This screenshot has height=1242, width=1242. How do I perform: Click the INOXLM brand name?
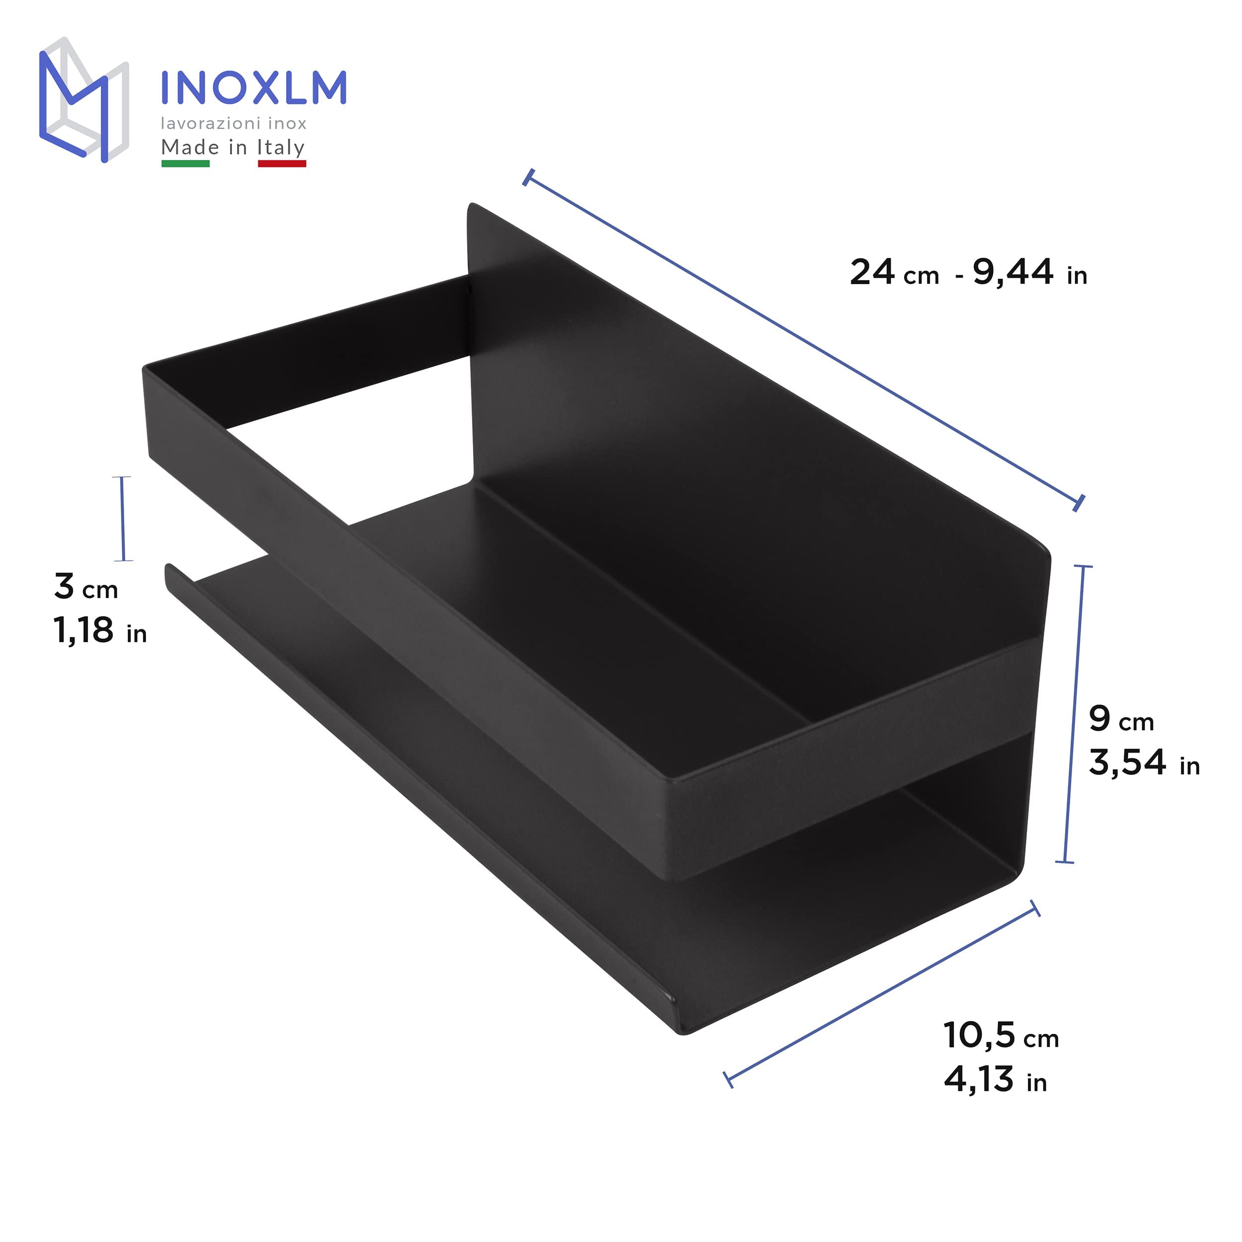(253, 87)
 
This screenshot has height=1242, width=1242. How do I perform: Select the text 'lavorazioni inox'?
(233, 123)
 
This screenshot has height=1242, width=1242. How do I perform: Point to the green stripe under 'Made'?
(185, 164)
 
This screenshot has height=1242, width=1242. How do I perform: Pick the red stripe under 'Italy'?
(282, 164)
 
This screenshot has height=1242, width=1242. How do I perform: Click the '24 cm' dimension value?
(894, 273)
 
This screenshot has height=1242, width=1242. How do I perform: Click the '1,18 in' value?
(100, 631)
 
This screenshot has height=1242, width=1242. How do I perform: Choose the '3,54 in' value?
(1144, 763)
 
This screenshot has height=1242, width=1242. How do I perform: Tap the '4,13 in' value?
(995, 1080)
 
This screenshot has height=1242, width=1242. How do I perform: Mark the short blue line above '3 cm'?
(122, 519)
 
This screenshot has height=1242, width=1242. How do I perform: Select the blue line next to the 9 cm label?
(1074, 713)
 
